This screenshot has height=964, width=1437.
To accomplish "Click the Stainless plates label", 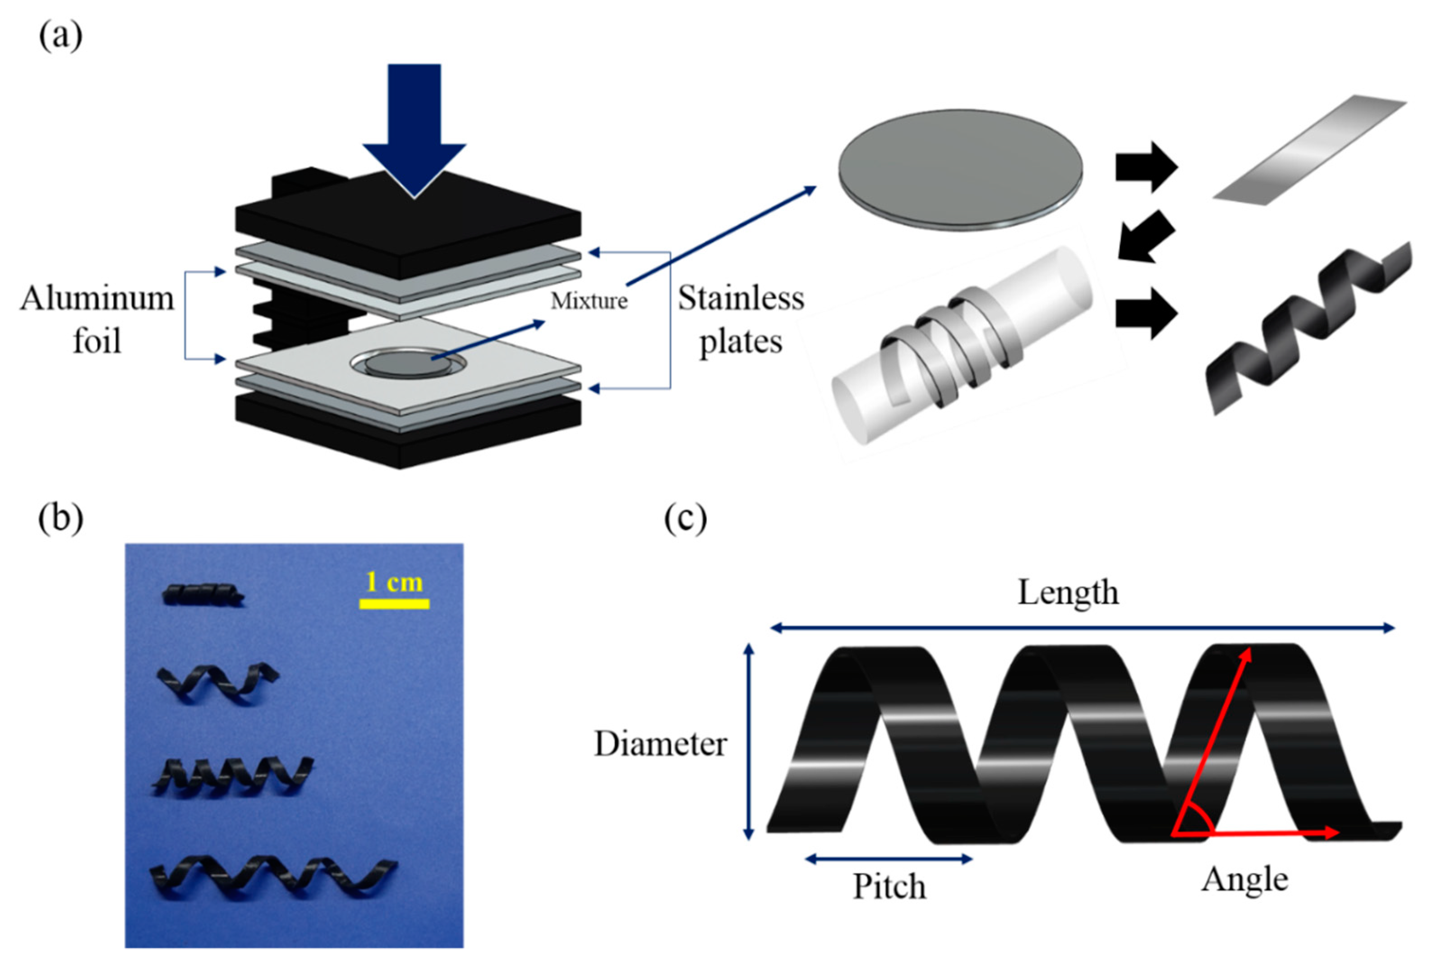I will coord(740,320).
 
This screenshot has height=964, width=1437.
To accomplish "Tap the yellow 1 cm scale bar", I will coord(394,604).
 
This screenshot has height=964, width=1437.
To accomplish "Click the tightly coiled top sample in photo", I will coord(203,595).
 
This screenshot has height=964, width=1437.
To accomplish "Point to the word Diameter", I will coord(660,744).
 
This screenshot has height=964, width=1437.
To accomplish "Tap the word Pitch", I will coord(888,886).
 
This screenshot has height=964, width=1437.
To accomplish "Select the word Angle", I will coord(1244,879).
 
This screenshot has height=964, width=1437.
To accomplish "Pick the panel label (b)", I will coord(60,518).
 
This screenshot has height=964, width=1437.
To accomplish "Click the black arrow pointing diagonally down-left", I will coord(1144,237).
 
